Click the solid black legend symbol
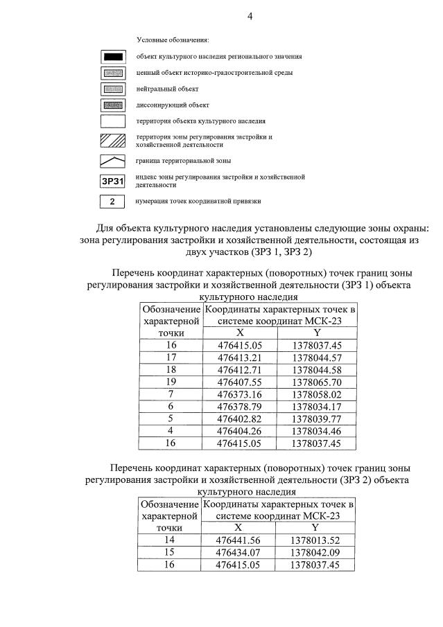(112, 56)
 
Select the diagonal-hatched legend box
(112, 141)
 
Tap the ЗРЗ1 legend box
(112, 182)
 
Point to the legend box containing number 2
(112, 202)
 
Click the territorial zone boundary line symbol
(112, 161)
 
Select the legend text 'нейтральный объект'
(167, 89)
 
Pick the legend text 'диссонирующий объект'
(172, 105)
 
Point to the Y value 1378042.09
(317, 553)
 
